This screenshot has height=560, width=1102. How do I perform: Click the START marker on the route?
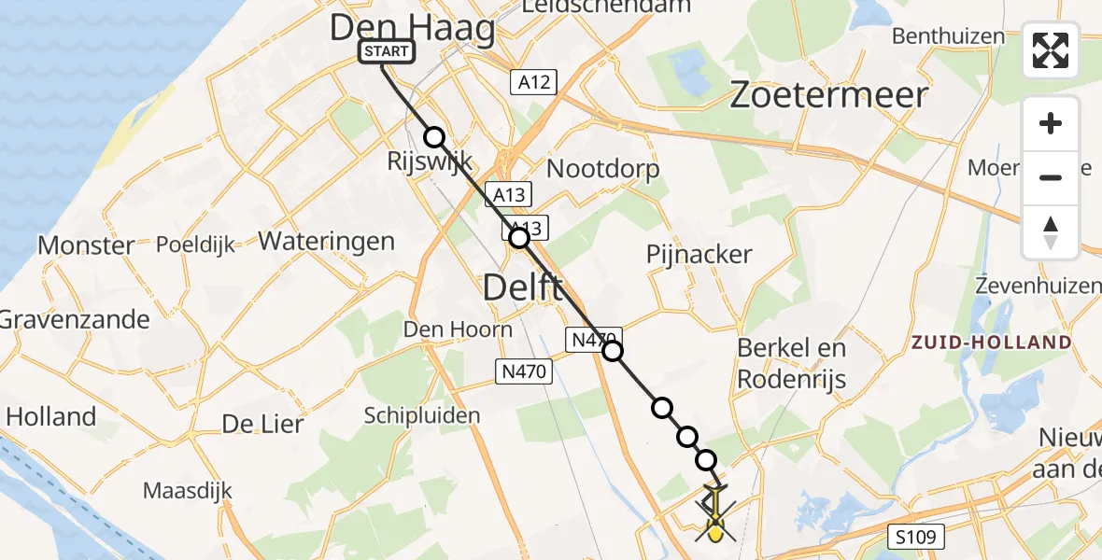click(x=387, y=51)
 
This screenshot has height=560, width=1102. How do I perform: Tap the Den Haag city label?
click(x=412, y=28)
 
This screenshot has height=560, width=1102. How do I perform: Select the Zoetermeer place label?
click(x=828, y=95)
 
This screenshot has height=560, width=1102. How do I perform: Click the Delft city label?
click(x=523, y=287)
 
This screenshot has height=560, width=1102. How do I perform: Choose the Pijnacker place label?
click(x=699, y=254)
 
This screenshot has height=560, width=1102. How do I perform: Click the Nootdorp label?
click(x=602, y=169)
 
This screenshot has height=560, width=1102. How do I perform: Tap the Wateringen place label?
click(x=326, y=241)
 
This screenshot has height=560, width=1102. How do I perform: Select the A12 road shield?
click(x=534, y=82)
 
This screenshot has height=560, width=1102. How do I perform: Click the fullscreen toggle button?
click(x=1051, y=50)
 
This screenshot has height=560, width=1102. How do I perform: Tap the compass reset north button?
click(x=1051, y=232)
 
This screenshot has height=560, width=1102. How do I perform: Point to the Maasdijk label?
click(x=188, y=490)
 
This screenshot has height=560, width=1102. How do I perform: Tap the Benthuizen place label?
click(x=948, y=36)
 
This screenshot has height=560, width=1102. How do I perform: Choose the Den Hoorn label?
click(x=458, y=329)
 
